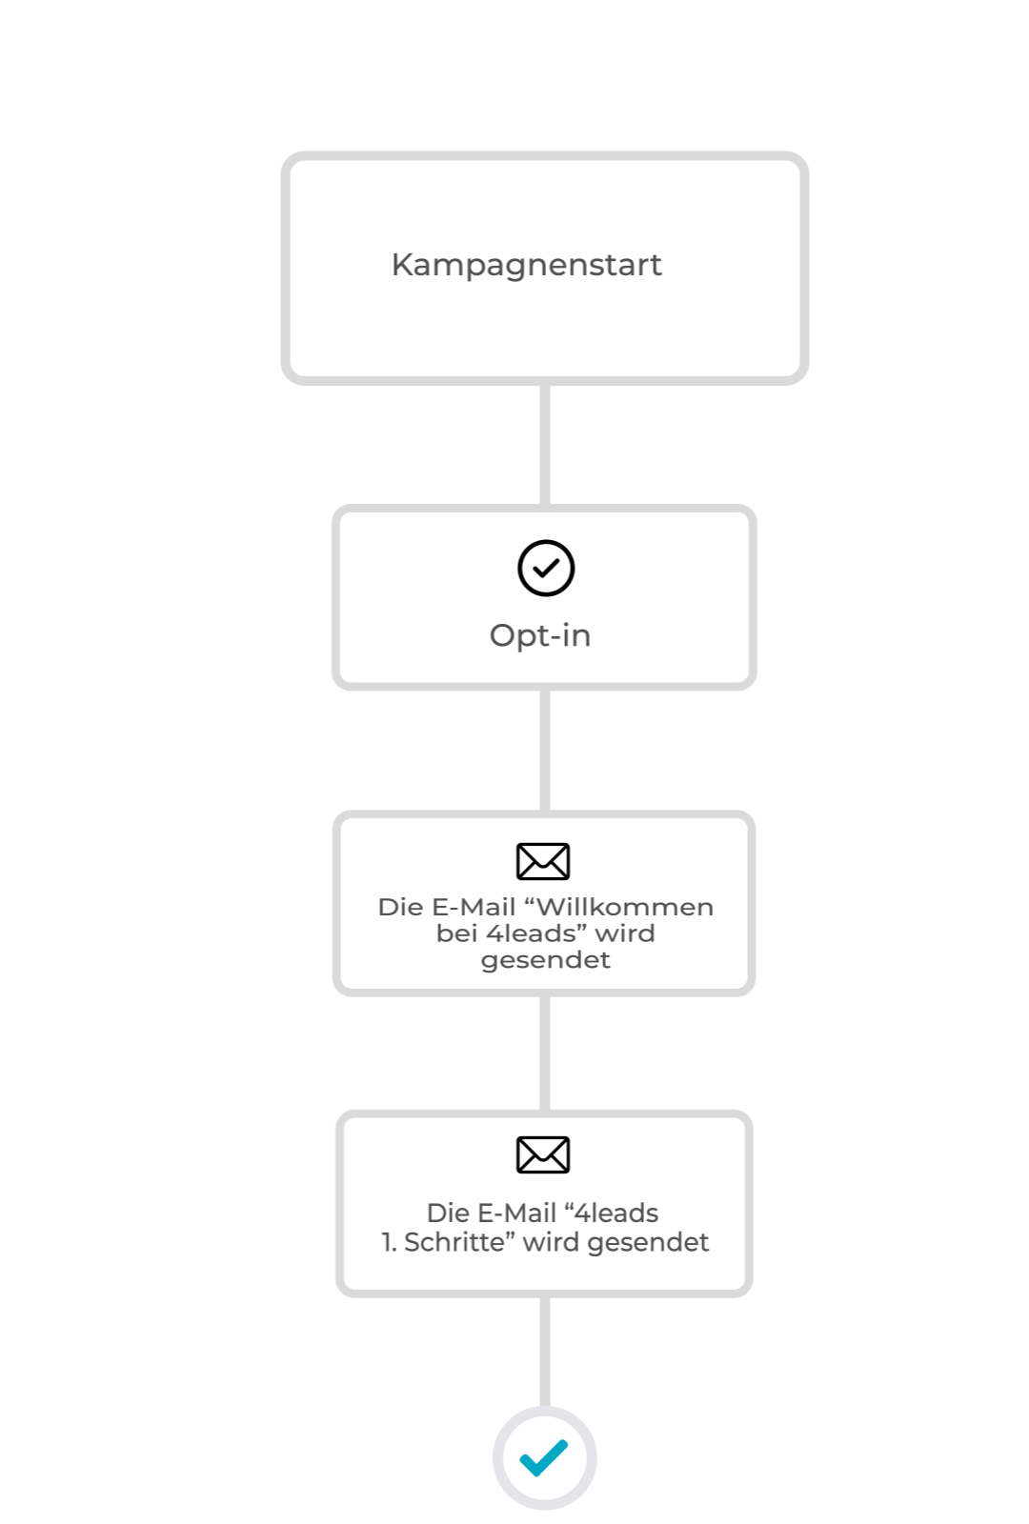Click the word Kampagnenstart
coord(526,266)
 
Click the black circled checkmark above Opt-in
coord(546,568)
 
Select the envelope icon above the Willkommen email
coord(543,861)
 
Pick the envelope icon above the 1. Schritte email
coord(543,1154)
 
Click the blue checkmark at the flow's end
coord(544,1457)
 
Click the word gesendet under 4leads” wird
coord(545,961)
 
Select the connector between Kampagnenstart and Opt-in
coord(545,445)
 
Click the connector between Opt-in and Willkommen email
coord(545,751)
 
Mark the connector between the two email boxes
coord(545,1053)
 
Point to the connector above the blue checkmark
coord(545,1352)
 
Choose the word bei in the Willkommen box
coord(456,933)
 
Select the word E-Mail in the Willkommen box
coord(474,907)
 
